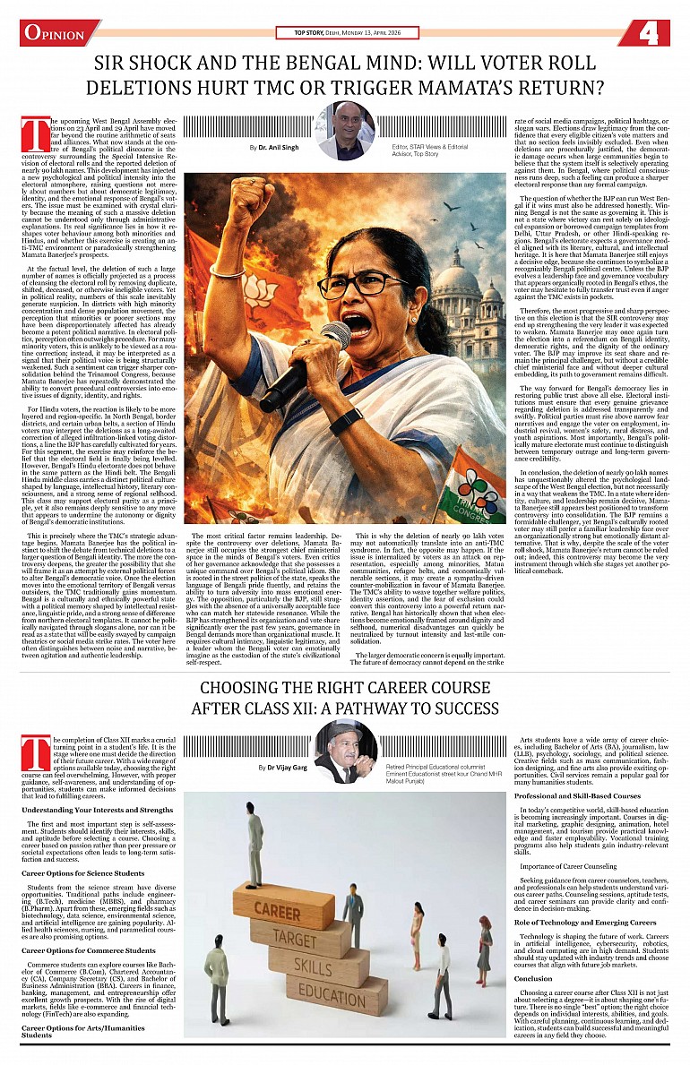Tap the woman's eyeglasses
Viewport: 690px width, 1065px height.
pos(363,287)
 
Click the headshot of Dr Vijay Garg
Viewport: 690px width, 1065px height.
pos(345,752)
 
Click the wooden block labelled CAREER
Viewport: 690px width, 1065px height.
pos(277,908)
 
